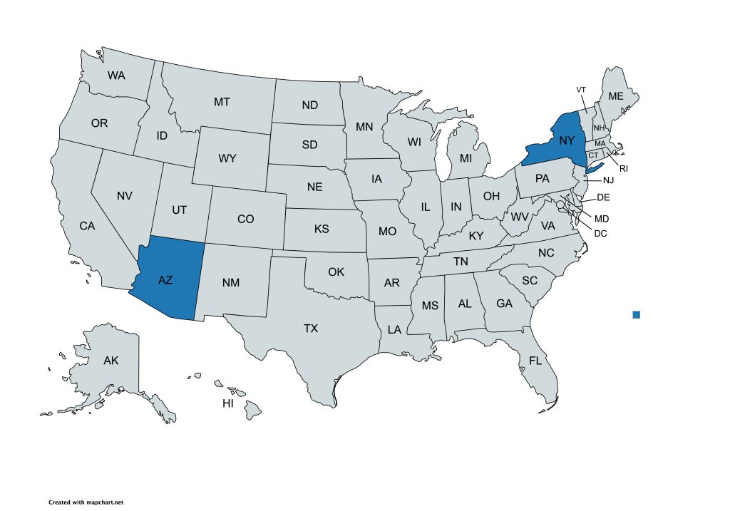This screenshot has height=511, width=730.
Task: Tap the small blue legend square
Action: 637,314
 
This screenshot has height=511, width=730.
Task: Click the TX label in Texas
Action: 311,329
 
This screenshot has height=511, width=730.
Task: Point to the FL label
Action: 535,361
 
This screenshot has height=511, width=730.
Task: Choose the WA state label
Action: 117,75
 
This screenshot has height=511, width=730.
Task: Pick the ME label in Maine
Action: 615,96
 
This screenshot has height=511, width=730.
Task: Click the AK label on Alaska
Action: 110,361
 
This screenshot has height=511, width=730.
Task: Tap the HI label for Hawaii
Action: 228,403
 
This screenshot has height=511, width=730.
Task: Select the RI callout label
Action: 623,169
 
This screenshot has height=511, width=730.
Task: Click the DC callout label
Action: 600,233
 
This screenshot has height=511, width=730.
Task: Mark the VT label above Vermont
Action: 581,89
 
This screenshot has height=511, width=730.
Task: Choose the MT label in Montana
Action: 222,102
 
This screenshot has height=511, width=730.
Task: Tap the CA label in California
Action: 87,226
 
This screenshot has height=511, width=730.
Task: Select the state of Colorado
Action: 245,219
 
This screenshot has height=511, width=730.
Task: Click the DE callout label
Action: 602,197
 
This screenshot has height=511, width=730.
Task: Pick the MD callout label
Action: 602,218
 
